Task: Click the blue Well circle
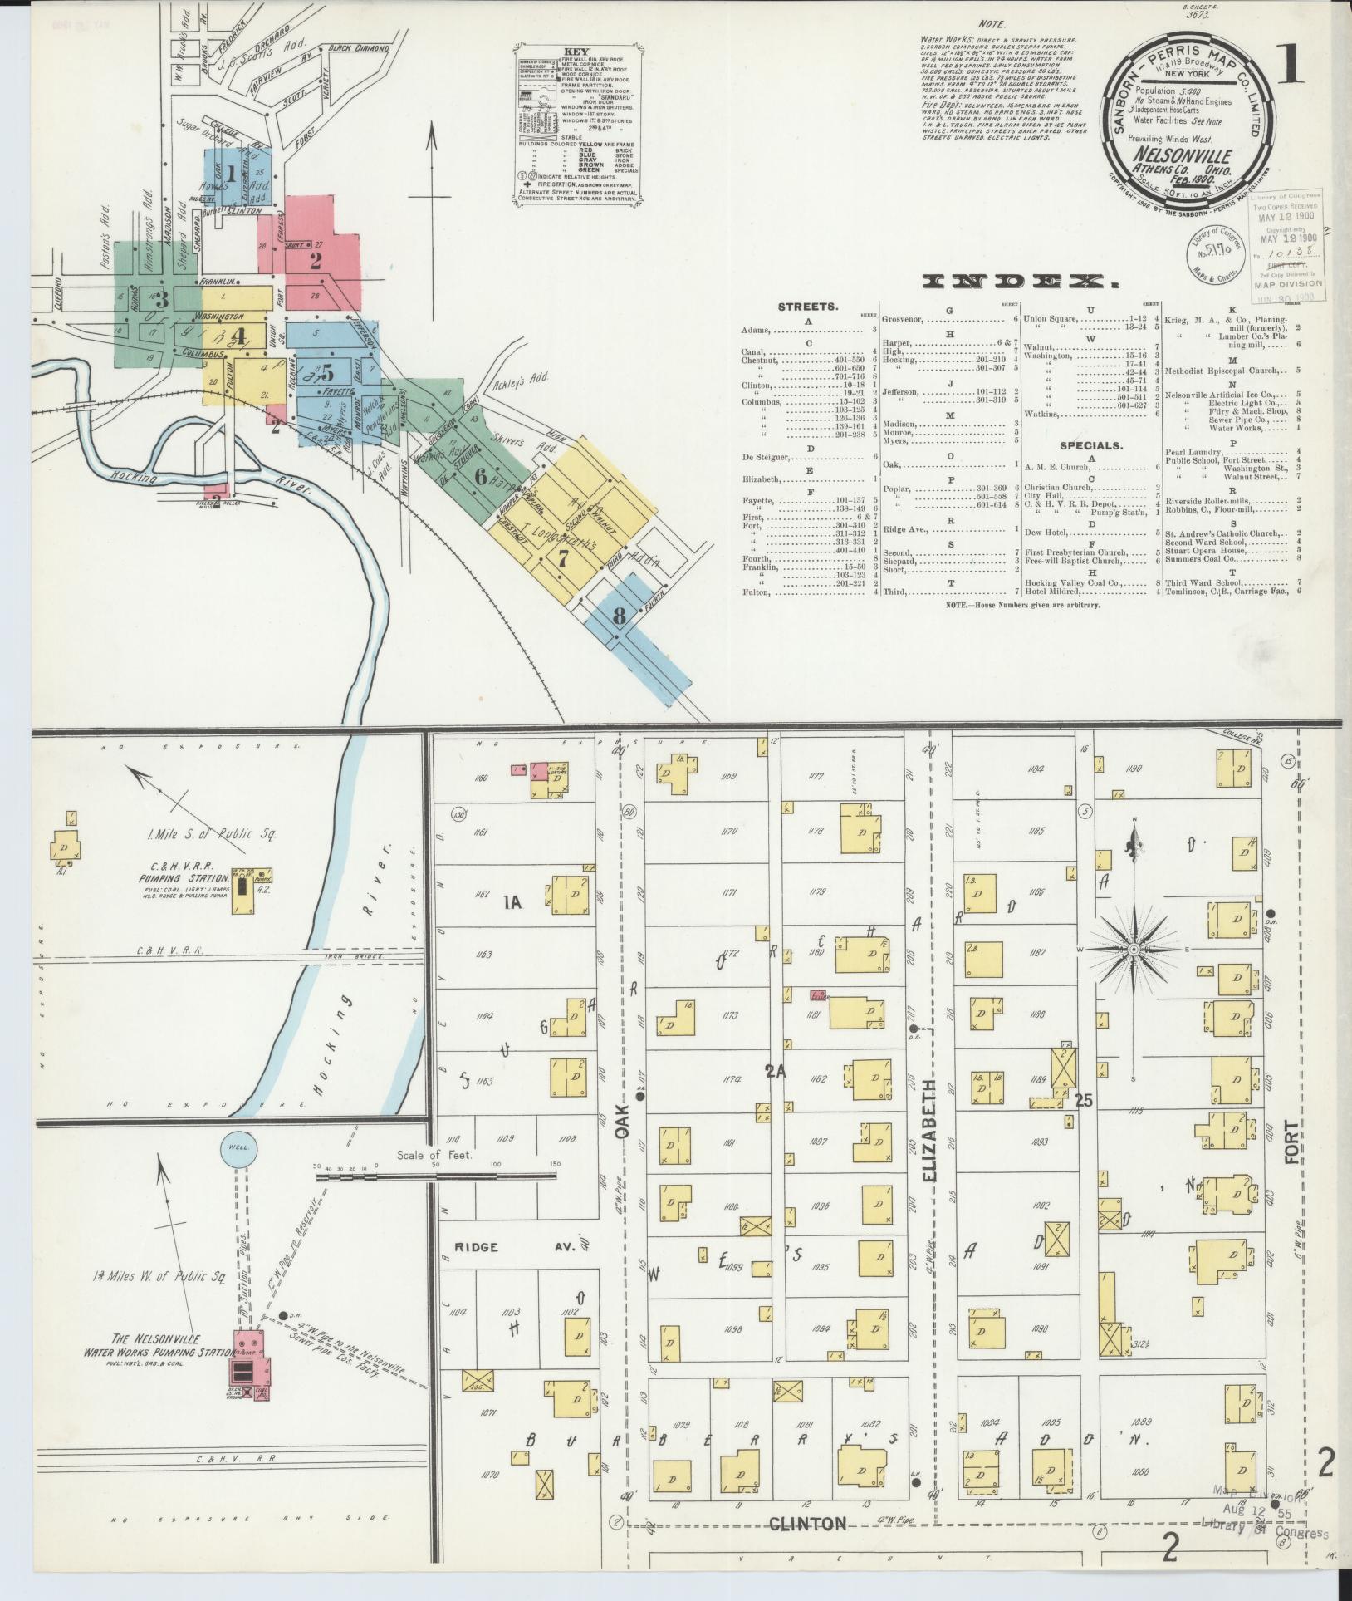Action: [238, 1150]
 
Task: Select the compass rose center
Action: [1134, 948]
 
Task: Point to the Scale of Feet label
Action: [434, 1156]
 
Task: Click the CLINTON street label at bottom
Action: [807, 1523]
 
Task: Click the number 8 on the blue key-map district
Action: [619, 616]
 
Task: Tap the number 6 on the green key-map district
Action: [480, 477]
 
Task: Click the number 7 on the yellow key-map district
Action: [563, 559]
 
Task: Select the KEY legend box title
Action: [576, 51]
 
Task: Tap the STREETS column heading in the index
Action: [808, 307]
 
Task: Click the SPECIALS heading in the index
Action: [1091, 445]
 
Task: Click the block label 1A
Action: [511, 903]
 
